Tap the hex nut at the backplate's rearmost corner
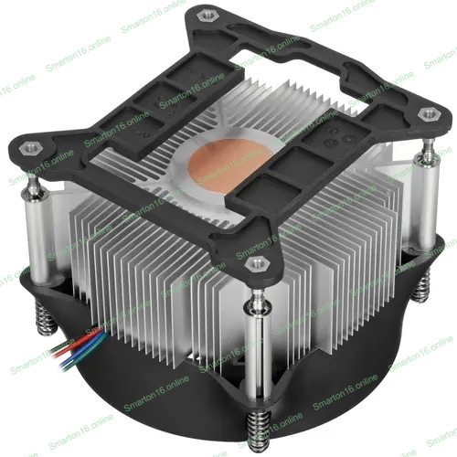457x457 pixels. tap(203, 16)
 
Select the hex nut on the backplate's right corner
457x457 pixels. tap(426, 114)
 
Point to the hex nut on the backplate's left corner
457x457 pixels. tap(27, 149)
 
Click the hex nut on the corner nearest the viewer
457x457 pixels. tap(256, 263)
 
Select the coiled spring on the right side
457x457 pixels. tap(422, 286)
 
